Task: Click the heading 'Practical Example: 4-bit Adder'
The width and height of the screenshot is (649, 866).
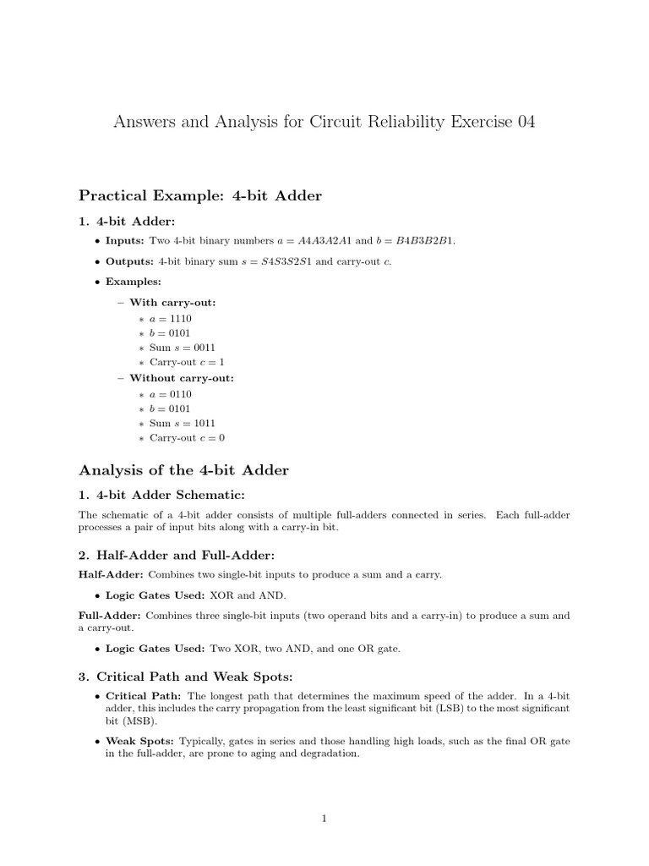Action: pyautogui.click(x=200, y=196)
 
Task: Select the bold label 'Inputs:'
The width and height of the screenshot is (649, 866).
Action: pyautogui.click(x=125, y=240)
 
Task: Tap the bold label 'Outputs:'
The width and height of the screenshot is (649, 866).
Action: pyautogui.click(x=129, y=260)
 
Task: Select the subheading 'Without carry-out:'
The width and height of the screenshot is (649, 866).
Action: pyautogui.click(x=181, y=378)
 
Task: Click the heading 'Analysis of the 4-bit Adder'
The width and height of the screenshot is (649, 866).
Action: pyautogui.click(x=183, y=470)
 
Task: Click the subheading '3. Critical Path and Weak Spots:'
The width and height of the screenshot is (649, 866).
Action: pyautogui.click(x=183, y=677)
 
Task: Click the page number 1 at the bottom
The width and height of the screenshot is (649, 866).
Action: pyautogui.click(x=324, y=819)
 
